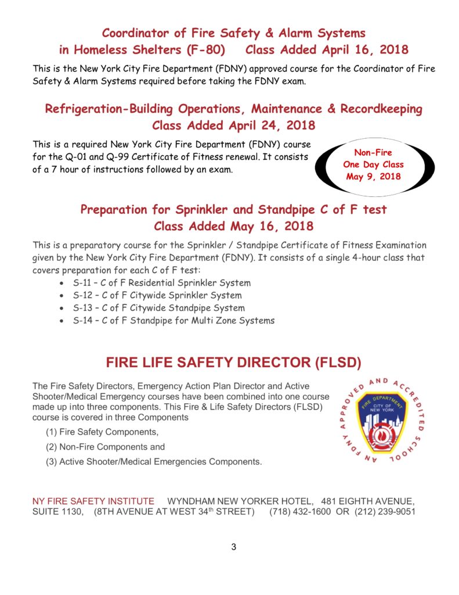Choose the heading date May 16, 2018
click(272, 226)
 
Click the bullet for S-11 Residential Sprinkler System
click(63, 284)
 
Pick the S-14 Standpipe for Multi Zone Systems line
click(174, 320)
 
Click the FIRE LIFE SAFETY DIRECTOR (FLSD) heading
click(233, 364)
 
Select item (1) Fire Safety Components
click(102, 432)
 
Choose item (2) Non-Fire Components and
click(105, 447)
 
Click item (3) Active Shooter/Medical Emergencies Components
click(154, 462)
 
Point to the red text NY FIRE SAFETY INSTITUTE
click(93, 501)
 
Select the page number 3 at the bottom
click(234, 547)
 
